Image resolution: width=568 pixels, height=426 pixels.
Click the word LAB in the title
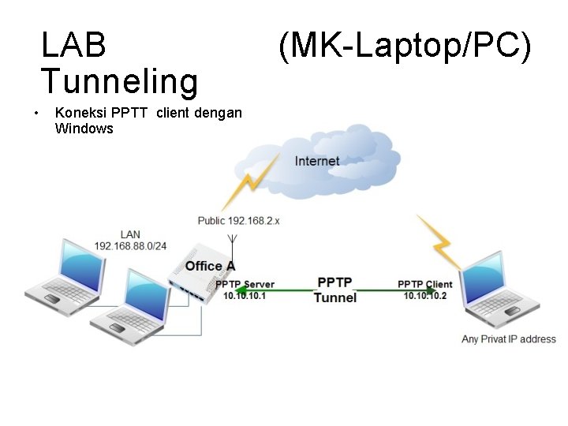click(x=73, y=46)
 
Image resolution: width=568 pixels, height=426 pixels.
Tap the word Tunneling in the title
click(x=119, y=81)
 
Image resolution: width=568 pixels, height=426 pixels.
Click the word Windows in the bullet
click(x=84, y=129)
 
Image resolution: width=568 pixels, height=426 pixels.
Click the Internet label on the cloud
click(x=317, y=161)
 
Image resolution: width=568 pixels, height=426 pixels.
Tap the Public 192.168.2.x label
click(x=238, y=221)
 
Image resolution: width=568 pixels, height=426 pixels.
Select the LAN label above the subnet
click(x=131, y=234)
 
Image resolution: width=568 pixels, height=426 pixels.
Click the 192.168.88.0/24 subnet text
click(x=131, y=245)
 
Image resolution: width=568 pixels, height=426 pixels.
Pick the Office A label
click(x=210, y=266)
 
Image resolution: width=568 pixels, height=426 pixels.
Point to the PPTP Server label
click(x=245, y=284)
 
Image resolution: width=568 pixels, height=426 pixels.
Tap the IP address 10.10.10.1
click(x=245, y=295)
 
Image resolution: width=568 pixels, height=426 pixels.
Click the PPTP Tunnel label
click(x=335, y=290)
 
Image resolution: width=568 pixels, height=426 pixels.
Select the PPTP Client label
click(x=425, y=284)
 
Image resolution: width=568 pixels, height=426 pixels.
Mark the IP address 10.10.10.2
click(x=425, y=295)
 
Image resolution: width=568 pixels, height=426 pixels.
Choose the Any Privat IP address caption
click(x=509, y=339)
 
